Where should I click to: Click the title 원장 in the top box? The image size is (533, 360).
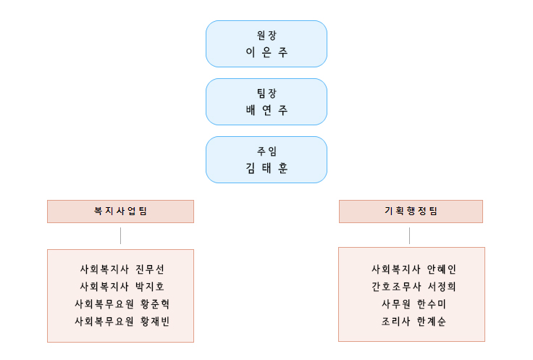tap(266, 35)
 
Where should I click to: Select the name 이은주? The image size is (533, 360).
tap(266, 53)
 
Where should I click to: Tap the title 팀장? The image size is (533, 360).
tap(266, 93)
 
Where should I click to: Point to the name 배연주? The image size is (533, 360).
tap(266, 112)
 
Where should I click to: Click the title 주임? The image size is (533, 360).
tap(266, 151)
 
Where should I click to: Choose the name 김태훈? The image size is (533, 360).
tap(266, 169)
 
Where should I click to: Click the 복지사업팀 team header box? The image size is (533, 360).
tap(120, 212)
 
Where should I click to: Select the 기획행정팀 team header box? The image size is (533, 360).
tap(411, 212)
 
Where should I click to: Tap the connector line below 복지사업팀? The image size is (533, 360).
tap(120, 235)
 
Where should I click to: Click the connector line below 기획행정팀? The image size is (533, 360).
tap(410, 235)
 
